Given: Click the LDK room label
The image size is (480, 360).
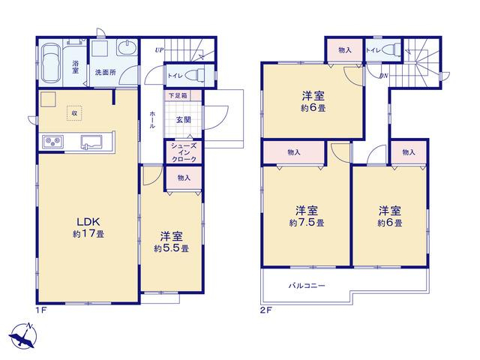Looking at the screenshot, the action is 88,221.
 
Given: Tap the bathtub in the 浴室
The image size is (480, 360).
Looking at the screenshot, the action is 50,63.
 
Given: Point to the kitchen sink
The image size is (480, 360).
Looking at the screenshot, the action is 91,142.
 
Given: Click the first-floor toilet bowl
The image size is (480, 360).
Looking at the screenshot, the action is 196,75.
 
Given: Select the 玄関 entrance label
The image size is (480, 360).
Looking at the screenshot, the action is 183,120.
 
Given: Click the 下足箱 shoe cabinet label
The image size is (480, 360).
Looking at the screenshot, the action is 178,95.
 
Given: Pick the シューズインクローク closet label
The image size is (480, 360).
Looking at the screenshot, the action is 184,152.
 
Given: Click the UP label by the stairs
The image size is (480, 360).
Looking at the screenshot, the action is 159,50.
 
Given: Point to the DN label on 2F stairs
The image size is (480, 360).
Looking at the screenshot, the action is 383,76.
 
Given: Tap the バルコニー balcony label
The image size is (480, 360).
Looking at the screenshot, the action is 307,286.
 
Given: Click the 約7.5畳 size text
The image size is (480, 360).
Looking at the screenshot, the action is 307,223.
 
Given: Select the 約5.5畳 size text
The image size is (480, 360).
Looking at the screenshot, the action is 172,248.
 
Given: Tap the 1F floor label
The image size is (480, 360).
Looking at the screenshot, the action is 41,310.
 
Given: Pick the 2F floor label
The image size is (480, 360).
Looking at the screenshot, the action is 265,310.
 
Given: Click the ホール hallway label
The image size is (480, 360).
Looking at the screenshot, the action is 152,120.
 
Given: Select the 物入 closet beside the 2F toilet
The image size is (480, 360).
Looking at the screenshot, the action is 345,50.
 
